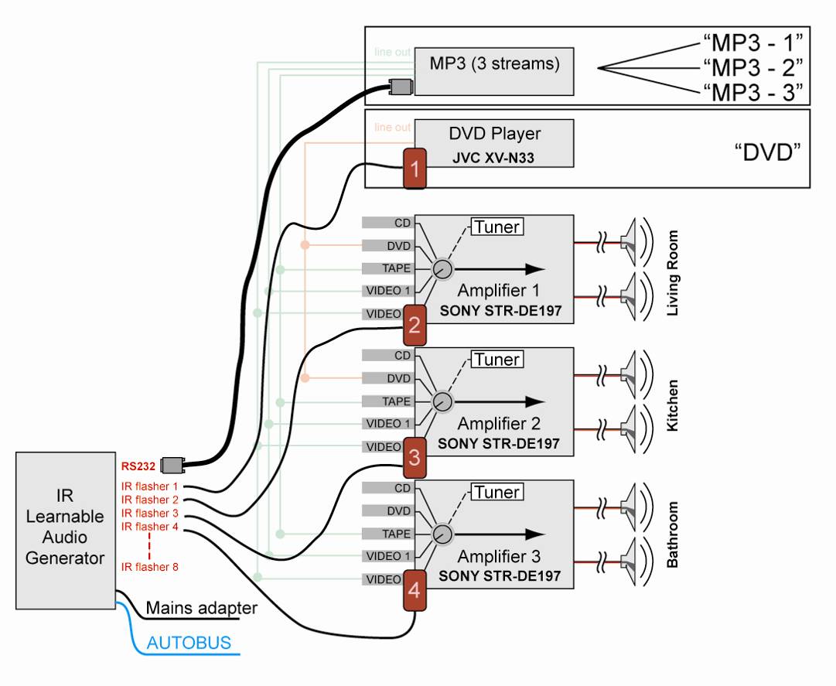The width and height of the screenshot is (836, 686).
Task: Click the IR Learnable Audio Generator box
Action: pyautogui.click(x=65, y=531)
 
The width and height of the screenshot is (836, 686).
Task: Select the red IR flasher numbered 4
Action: pyautogui.click(x=415, y=591)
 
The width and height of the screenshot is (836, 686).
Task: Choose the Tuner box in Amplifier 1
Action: pyautogui.click(x=497, y=227)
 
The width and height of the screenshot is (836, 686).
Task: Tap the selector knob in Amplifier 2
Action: pyautogui.click(x=442, y=401)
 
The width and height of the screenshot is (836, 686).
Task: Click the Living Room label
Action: pyautogui.click(x=672, y=272)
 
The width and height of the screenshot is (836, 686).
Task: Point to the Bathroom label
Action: pyautogui.click(x=672, y=535)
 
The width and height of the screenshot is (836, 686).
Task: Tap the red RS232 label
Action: pyautogui.click(x=138, y=466)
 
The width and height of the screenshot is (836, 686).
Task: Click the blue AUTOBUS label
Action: pyautogui.click(x=189, y=643)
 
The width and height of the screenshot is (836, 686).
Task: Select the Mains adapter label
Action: pyautogui.click(x=201, y=609)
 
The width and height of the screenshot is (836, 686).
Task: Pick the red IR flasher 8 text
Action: pyautogui.click(x=150, y=567)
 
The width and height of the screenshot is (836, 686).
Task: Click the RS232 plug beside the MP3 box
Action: pyautogui.click(x=400, y=87)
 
